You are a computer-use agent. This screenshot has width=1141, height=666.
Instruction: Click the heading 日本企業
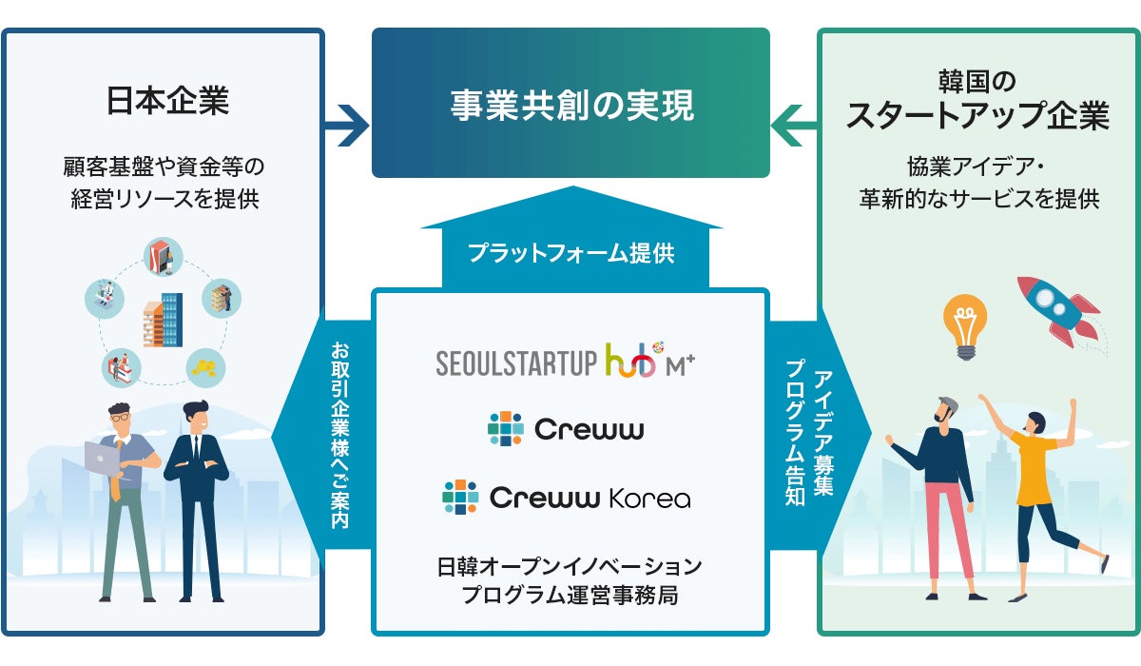pyautogui.click(x=167, y=101)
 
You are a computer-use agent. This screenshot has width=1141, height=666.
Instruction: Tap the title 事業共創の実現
pyautogui.click(x=572, y=106)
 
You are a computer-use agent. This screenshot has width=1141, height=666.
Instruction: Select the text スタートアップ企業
pyautogui.click(x=977, y=115)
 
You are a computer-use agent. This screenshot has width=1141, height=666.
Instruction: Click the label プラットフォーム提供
pyautogui.click(x=571, y=253)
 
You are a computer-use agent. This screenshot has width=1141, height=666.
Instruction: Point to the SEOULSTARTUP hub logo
pyautogui.click(x=566, y=360)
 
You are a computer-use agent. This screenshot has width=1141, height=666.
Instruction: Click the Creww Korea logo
pyautogui.click(x=567, y=497)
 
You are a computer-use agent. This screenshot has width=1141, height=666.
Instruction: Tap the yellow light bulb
pyautogui.click(x=965, y=326)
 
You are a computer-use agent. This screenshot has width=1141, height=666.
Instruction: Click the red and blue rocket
pyautogui.click(x=1057, y=311)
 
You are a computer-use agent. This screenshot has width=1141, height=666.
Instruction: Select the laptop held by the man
pyautogui.click(x=102, y=460)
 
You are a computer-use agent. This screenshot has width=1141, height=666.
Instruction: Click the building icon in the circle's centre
pyautogui.click(x=163, y=320)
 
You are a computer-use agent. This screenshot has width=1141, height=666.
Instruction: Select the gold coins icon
pyautogui.click(x=205, y=368)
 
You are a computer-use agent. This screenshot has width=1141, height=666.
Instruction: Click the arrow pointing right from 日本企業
pyautogui.click(x=346, y=126)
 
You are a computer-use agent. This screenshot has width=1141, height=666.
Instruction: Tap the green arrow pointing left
pyautogui.click(x=794, y=126)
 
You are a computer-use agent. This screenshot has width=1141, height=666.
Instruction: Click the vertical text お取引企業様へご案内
pyautogui.click(x=339, y=435)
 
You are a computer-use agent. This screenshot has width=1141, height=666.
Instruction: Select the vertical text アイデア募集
pyautogui.click(x=823, y=433)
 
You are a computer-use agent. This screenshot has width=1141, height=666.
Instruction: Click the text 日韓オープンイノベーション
pyautogui.click(x=570, y=566)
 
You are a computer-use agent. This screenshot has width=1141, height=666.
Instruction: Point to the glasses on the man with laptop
pyautogui.click(x=120, y=418)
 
